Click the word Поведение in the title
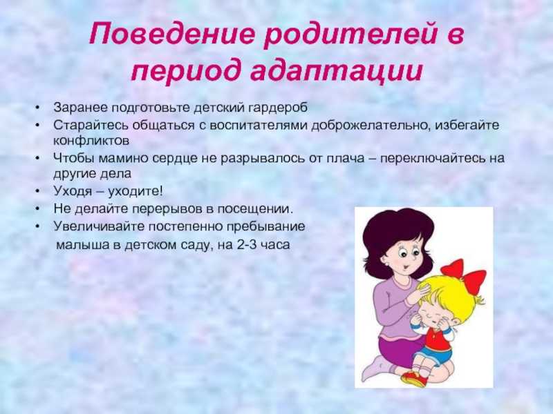click(x=171, y=34)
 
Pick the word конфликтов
click(x=91, y=141)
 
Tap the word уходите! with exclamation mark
click(x=135, y=192)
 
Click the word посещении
click(x=254, y=209)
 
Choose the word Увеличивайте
click(x=99, y=226)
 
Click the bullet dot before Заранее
click(x=37, y=108)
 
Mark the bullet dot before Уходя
click(x=37, y=192)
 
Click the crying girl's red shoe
click(x=413, y=379)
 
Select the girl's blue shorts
click(x=432, y=355)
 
